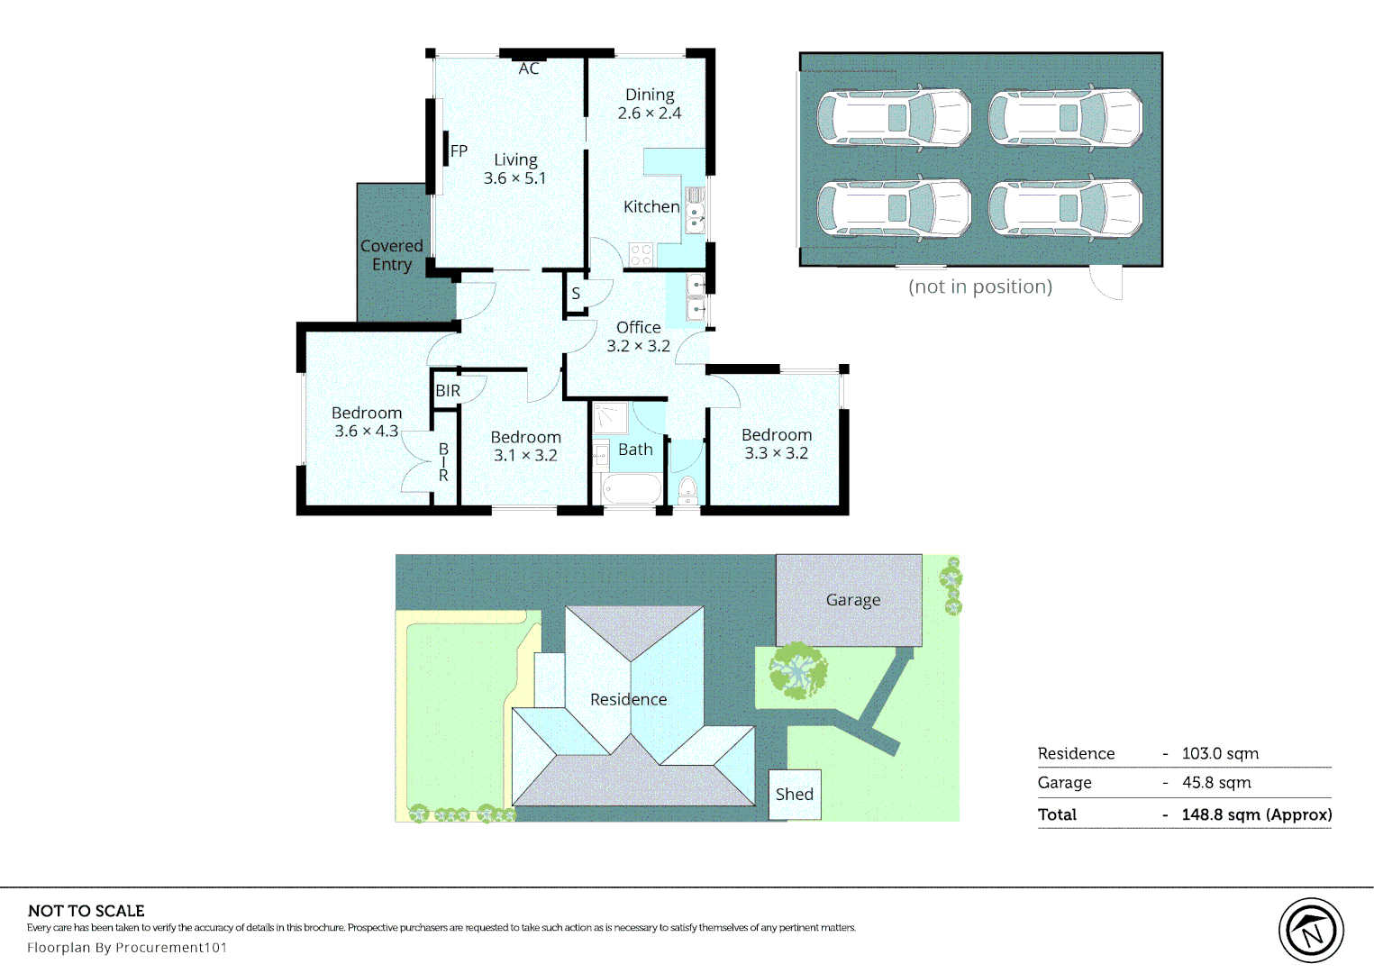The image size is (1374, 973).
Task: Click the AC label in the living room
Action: coord(529,68)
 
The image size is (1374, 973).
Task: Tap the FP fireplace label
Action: coord(459,151)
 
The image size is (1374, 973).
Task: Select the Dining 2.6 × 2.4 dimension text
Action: coord(650,114)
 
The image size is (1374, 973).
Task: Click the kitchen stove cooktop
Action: coord(642,255)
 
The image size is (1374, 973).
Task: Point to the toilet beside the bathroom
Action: coord(688,490)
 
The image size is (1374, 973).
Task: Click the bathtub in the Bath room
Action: coord(632,489)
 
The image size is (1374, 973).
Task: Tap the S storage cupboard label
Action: coord(576,293)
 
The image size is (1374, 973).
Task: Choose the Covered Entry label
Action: coord(392,255)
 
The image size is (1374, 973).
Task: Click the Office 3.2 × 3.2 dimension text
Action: coord(639,337)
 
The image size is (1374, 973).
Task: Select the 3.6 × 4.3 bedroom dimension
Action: coord(366,432)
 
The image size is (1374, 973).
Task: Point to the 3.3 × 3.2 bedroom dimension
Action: coord(777,453)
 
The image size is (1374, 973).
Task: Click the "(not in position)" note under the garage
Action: coord(980,286)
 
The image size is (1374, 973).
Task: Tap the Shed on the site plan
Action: coord(795,795)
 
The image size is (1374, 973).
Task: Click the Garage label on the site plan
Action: coord(853,600)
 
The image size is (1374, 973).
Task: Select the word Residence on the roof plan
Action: coord(628,699)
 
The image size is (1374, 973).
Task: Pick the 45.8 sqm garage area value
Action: coord(1216,783)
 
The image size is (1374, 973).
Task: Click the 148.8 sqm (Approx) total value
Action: coord(1257,814)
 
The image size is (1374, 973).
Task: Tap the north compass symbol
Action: coord(1311,930)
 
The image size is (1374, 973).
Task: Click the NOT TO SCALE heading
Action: coord(86,911)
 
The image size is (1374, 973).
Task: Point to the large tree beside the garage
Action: coord(798,670)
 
